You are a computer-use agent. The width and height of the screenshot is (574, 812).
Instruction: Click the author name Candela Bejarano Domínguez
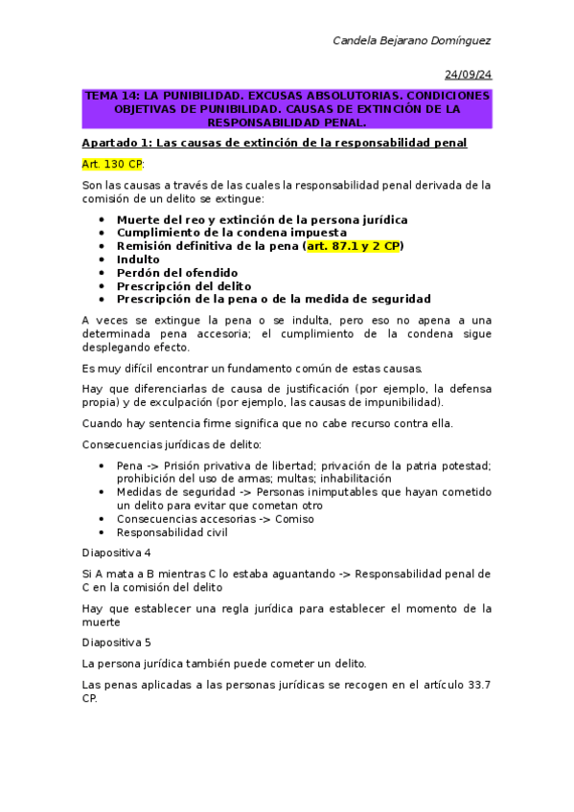click(x=411, y=40)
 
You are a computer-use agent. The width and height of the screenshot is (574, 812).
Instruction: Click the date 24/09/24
click(x=468, y=75)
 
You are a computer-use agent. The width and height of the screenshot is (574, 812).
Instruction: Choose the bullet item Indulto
click(x=138, y=259)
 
